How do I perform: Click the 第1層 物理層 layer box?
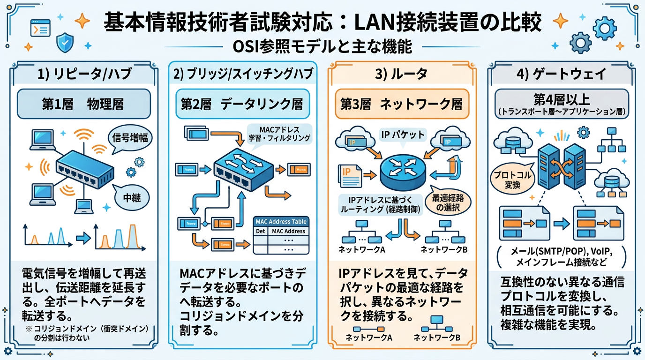(84, 104)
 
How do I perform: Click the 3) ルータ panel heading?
(402, 74)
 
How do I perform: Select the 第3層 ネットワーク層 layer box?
(401, 104)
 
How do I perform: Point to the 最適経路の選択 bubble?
(450, 202)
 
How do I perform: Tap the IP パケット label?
(401, 135)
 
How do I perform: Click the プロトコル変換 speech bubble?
(512, 179)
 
